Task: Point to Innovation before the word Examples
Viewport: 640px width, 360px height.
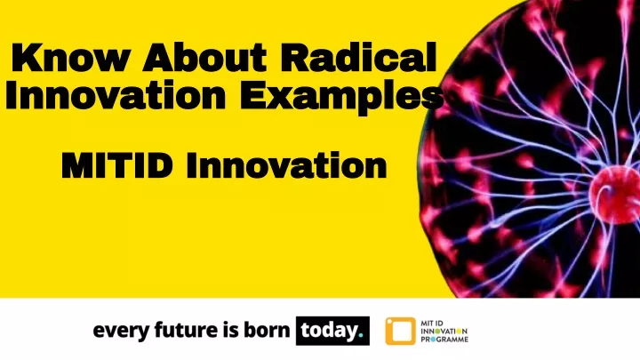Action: (116, 94)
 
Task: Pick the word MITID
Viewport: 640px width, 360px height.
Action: (117, 165)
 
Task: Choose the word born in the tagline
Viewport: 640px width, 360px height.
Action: (267, 330)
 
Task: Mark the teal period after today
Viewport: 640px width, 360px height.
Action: (360, 336)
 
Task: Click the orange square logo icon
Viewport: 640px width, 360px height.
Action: (400, 331)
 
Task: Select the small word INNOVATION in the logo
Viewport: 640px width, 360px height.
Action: (444, 331)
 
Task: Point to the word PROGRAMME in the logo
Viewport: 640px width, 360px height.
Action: (444, 340)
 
